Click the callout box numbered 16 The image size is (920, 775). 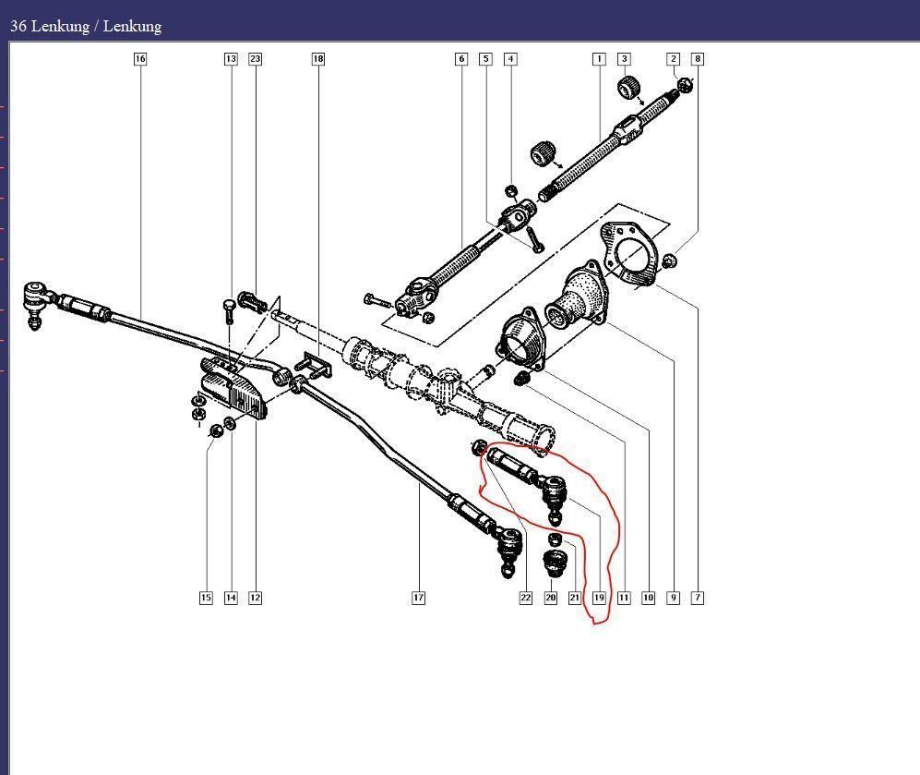click(139, 59)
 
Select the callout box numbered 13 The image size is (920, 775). click(231, 59)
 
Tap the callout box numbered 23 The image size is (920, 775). click(255, 59)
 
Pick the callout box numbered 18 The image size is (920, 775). click(318, 59)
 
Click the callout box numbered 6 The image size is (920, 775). click(461, 59)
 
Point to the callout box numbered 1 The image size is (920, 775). click(599, 59)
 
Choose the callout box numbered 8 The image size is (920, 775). click(698, 59)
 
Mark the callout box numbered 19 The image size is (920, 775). click(599, 598)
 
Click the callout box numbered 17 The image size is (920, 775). click(418, 598)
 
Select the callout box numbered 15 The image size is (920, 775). click(206, 598)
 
